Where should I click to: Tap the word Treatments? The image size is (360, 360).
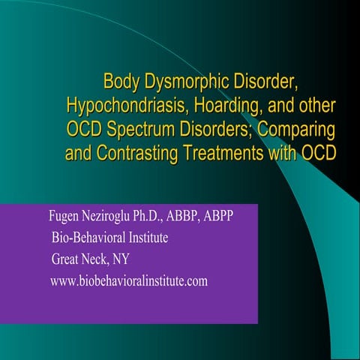click(214, 154)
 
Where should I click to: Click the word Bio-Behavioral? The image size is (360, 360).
click(87, 238)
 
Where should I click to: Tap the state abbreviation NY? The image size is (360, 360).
click(124, 260)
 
